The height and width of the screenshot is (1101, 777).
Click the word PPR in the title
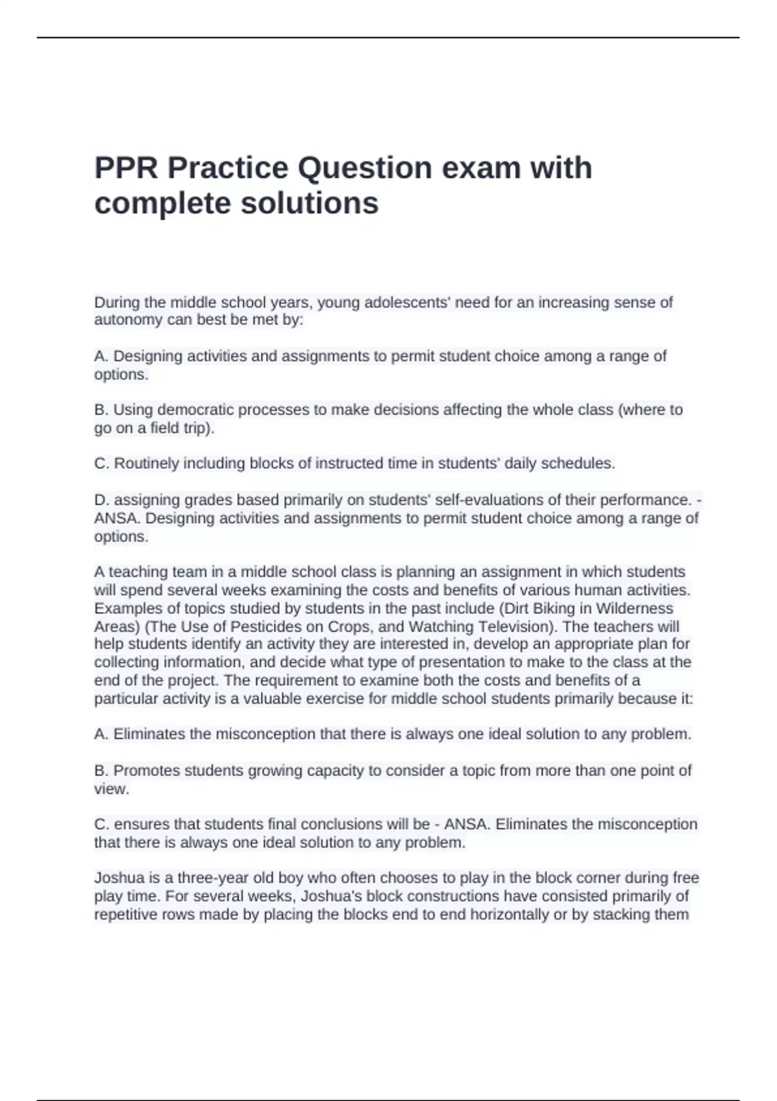tap(127, 168)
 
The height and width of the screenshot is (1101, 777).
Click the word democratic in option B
tap(195, 410)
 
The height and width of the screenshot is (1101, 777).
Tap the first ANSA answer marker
tap(115, 518)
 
